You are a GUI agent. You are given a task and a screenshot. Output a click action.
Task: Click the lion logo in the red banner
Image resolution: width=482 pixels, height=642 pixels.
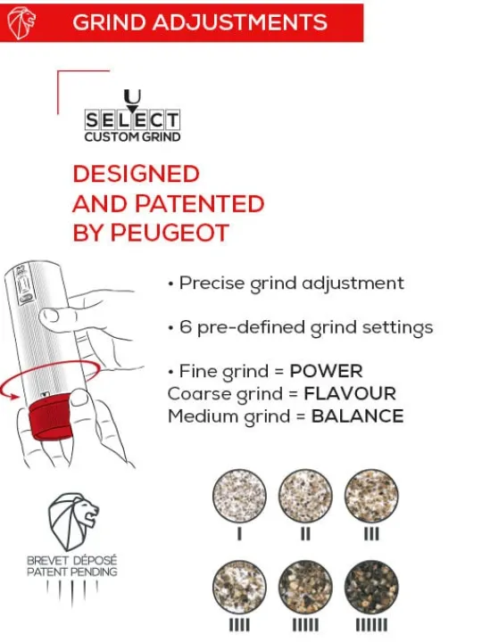click(x=21, y=23)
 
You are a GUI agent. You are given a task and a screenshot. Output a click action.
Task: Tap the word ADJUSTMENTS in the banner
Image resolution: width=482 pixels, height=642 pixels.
click(x=240, y=22)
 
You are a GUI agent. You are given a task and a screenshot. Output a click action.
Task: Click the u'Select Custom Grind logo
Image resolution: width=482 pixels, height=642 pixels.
click(x=132, y=116)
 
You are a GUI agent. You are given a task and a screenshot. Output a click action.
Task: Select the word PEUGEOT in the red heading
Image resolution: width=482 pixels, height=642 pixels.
click(x=170, y=233)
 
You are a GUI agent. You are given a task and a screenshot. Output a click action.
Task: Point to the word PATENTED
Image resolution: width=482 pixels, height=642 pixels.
click(x=200, y=203)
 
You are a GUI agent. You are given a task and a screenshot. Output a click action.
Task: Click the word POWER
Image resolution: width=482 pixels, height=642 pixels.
click(x=327, y=371)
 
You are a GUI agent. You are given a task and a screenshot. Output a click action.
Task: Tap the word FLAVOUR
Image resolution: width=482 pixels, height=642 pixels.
click(x=350, y=394)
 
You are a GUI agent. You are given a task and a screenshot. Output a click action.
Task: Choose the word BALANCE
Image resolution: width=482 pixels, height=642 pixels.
click(x=357, y=416)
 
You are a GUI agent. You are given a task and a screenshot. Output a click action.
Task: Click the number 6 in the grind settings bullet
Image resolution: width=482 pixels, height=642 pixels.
click(x=186, y=327)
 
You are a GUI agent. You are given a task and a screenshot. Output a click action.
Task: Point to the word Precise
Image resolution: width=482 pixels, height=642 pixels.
click(x=212, y=284)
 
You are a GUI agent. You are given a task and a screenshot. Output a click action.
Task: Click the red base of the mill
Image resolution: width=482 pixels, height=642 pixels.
click(x=51, y=419)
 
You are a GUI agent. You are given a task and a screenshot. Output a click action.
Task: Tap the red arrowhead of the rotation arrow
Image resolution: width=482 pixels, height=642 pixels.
click(x=14, y=396)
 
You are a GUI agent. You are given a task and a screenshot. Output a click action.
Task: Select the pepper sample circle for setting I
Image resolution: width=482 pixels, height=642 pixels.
click(x=239, y=496)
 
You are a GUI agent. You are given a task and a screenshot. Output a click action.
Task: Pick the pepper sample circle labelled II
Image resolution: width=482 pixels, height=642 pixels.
click(x=305, y=496)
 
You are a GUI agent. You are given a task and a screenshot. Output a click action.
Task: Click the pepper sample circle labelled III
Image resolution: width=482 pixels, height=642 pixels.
click(x=371, y=496)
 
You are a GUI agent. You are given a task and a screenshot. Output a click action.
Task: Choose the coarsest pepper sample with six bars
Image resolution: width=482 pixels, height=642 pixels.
click(x=371, y=587)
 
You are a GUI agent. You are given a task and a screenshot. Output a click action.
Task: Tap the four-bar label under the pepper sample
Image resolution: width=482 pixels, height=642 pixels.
click(x=239, y=625)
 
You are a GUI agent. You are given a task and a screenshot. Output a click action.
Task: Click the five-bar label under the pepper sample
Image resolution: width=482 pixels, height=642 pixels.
click(x=305, y=625)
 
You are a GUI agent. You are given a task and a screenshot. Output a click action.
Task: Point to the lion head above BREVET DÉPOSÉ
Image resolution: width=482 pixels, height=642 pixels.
click(x=73, y=521)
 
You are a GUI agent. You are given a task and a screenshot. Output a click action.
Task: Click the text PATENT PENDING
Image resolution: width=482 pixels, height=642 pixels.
click(x=72, y=572)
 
